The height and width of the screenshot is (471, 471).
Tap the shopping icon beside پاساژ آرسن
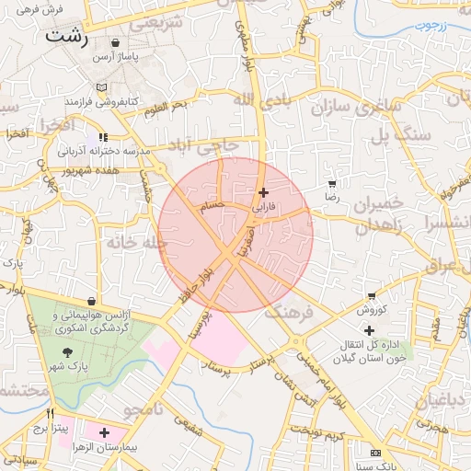tap(115, 42)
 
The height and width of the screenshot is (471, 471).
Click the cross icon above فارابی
tap(265, 193)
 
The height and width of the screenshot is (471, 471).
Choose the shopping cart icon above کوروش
tap(372, 296)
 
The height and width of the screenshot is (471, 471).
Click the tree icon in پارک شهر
tap(67, 351)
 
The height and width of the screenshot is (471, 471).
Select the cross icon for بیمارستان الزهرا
tap(104, 432)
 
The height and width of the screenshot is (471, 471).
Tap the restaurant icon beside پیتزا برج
tap(50, 413)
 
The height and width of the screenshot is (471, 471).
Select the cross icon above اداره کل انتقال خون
tap(369, 330)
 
